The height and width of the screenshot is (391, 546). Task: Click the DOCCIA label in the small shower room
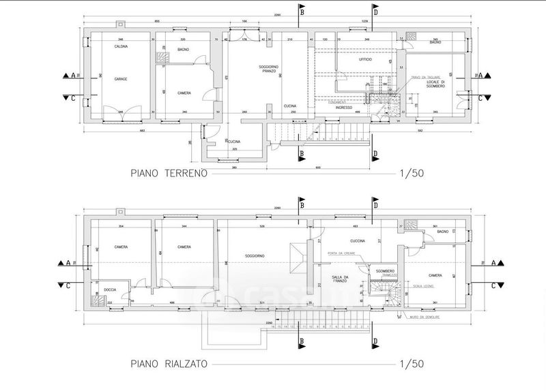point(111,290)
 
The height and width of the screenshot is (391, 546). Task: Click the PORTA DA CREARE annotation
point(341,254)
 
